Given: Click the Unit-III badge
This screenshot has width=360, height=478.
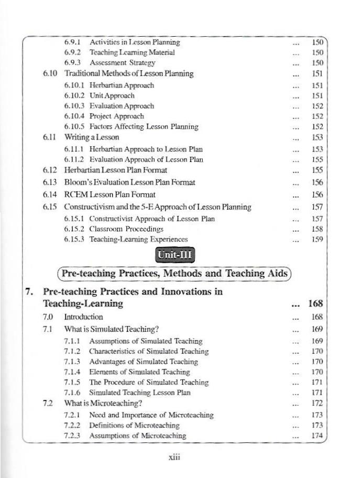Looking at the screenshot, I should (x=176, y=255).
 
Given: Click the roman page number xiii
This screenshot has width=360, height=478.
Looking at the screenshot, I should (x=174, y=457).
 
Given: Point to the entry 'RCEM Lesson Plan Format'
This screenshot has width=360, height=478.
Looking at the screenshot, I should (x=110, y=194).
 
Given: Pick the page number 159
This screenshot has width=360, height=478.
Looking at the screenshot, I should (x=317, y=239).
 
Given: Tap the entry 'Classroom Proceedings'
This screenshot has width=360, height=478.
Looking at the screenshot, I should (x=126, y=229).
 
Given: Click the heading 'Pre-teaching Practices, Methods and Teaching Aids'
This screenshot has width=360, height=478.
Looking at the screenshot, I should (x=175, y=273).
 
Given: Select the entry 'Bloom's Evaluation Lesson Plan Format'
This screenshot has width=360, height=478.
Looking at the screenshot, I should (x=129, y=182).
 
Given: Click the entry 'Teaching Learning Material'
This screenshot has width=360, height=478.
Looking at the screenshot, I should (x=132, y=52).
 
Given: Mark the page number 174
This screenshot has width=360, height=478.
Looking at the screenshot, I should (x=317, y=436).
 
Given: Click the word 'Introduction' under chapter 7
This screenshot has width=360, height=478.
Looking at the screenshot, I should (x=83, y=317).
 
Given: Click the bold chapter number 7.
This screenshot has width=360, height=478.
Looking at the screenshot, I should (x=30, y=292).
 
